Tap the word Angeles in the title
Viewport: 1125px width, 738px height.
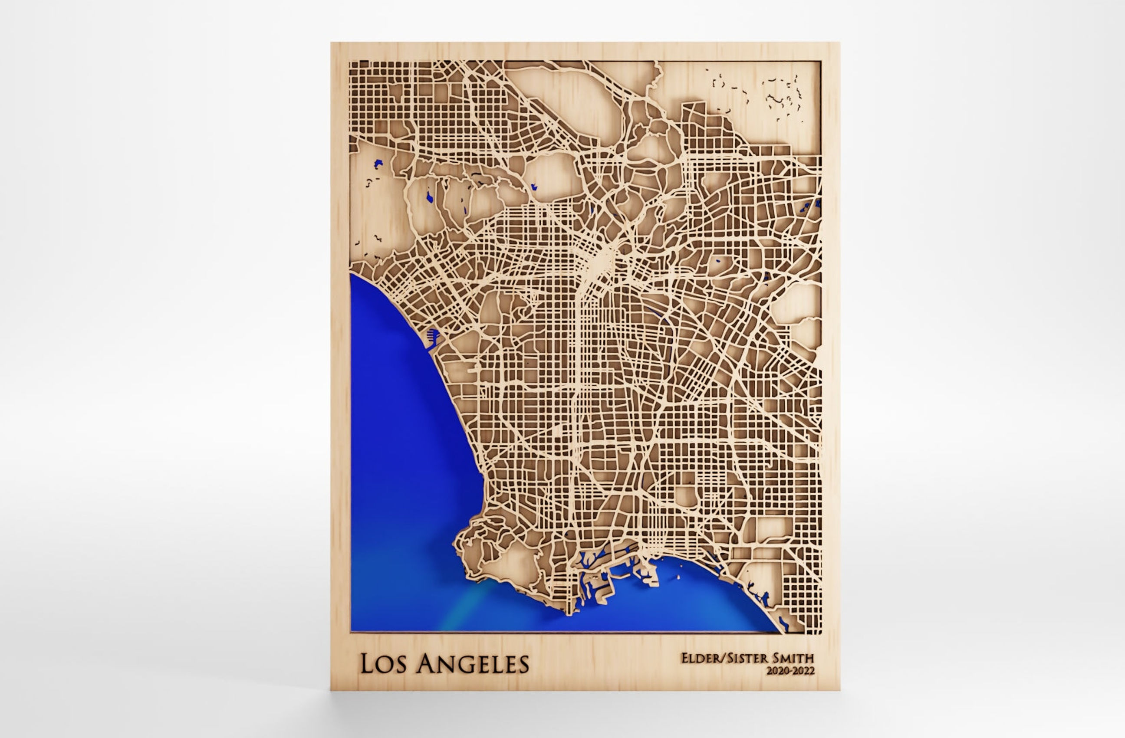pos(474,664)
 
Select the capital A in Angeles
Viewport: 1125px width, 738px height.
pos(428,664)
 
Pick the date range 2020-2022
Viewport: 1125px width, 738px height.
pos(791,671)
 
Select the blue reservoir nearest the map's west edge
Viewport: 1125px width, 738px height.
pos(378,164)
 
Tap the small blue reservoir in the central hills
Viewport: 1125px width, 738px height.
pos(534,186)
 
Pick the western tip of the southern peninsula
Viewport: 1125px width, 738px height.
pos(456,543)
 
